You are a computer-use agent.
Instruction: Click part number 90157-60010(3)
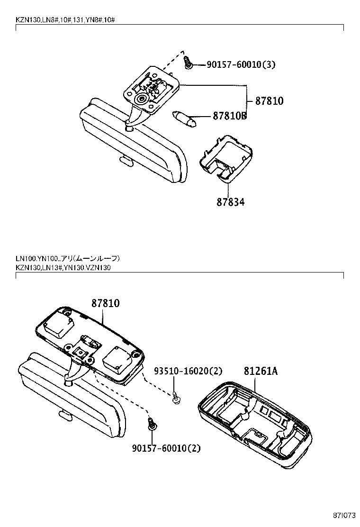pos(241,64)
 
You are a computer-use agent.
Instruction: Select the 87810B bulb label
pos(223,116)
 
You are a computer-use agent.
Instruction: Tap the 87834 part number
pos(231,202)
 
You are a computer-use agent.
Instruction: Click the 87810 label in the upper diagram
pos(269,100)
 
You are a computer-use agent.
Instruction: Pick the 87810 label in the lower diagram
pos(105,303)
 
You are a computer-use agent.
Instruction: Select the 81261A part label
pos(261,371)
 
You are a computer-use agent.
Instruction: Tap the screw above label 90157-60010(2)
pos(152,423)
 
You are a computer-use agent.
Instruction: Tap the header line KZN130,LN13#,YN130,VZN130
pos(63,268)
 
